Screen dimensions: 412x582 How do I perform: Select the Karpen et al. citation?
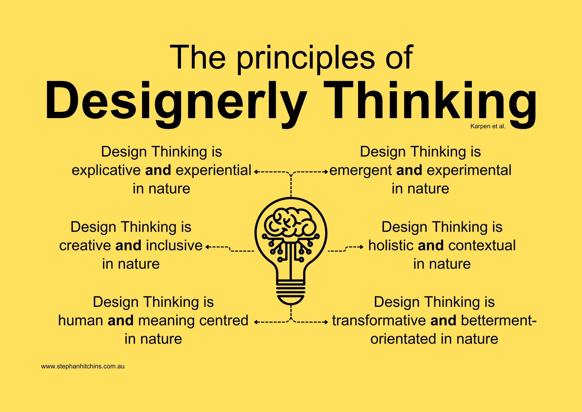point(488,126)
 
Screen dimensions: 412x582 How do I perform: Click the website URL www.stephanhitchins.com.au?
point(83,366)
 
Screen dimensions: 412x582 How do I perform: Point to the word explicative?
point(106,171)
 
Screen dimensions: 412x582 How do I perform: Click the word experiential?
point(213,171)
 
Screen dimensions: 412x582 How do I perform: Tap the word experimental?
point(469,171)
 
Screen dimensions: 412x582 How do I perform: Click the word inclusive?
point(174,245)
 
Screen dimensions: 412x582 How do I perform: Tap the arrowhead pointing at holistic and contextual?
point(362,247)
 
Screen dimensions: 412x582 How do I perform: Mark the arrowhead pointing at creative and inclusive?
point(207,247)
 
